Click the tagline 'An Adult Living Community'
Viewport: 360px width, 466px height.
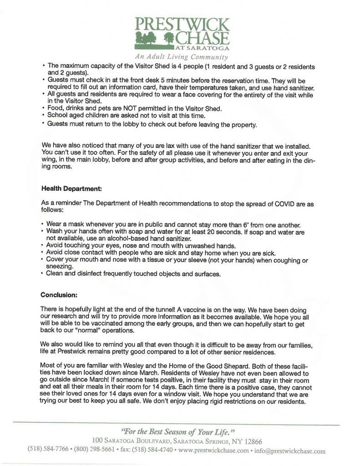coord(181,57)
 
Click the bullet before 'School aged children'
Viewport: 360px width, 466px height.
coord(42,116)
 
